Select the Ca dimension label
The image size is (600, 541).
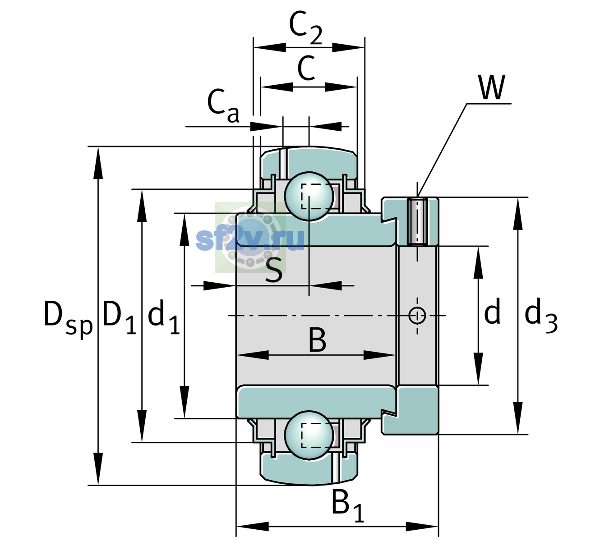click(x=223, y=106)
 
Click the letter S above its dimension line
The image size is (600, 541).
click(x=274, y=270)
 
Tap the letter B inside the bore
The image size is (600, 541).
click(x=317, y=340)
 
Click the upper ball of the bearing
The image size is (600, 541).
click(x=309, y=197)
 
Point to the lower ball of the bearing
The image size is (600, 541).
click(x=309, y=435)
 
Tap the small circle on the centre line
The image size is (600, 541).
click(x=417, y=315)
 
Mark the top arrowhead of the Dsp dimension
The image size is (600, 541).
click(x=98, y=163)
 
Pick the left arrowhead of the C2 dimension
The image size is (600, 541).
click(x=269, y=47)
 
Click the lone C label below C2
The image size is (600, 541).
click(x=306, y=68)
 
